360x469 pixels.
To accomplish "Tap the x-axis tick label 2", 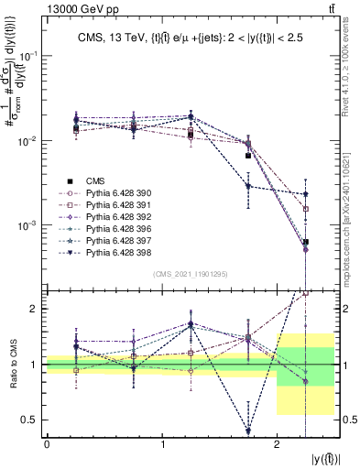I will [277, 444].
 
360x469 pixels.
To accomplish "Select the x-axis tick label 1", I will [161, 444].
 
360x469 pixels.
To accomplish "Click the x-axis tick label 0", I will [47, 444].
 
